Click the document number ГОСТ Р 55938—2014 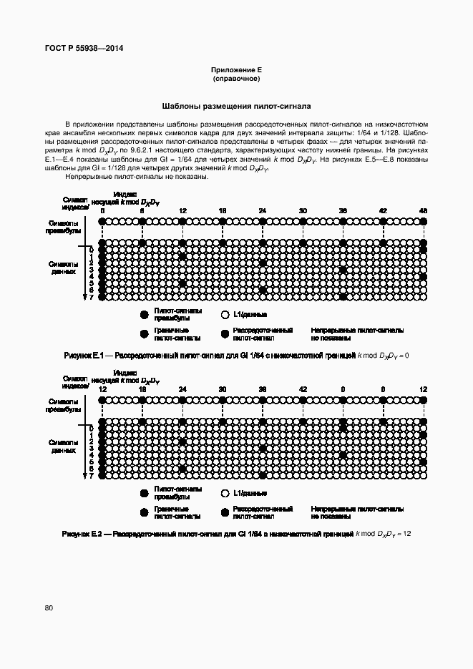point(84,49)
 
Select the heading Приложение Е point(236,69)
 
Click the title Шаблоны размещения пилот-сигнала point(236,105)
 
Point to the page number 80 point(49,608)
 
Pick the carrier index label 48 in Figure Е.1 point(424,211)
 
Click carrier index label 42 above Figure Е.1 point(384,211)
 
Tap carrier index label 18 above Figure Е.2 point(142,389)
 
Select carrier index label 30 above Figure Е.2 point(223,389)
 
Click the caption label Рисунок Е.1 point(84,355)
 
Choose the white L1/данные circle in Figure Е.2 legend point(225,493)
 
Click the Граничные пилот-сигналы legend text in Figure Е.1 point(177,334)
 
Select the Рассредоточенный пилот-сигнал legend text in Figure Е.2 point(263,512)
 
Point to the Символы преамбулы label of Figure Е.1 point(61,227)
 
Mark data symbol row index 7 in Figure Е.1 point(91,296)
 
